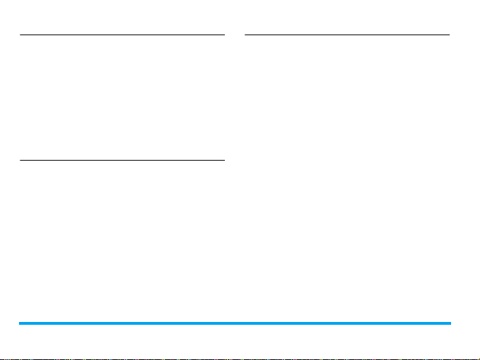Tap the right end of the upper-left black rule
point(223,35)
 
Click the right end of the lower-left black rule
point(223,160)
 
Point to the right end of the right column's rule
point(449,35)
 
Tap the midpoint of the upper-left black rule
point(122,35)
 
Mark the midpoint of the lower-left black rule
point(122,160)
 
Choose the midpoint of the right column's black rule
point(347,35)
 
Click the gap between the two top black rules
point(234,35)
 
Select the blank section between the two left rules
point(122,97)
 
